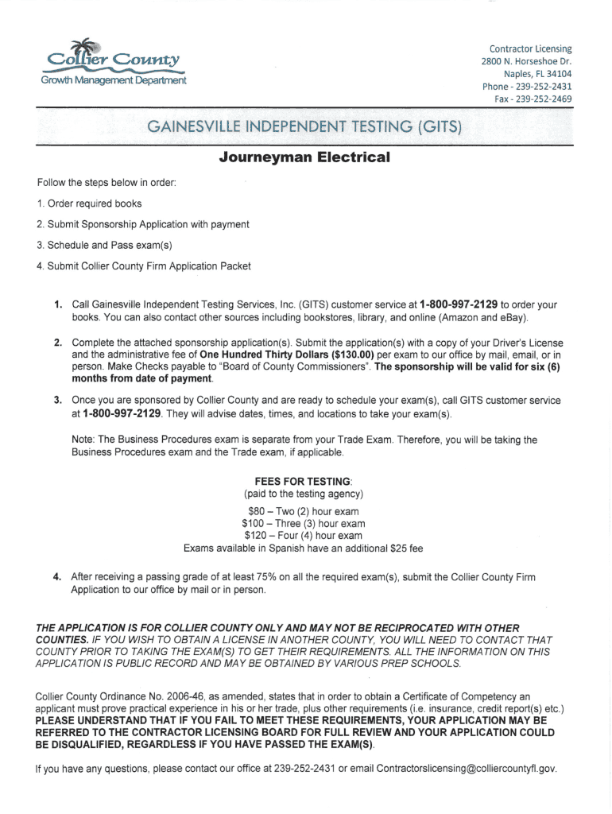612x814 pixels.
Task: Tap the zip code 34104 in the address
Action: pos(556,74)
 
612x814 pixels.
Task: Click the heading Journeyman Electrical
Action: pos(305,157)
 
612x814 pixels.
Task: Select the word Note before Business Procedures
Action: pos(83,440)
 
